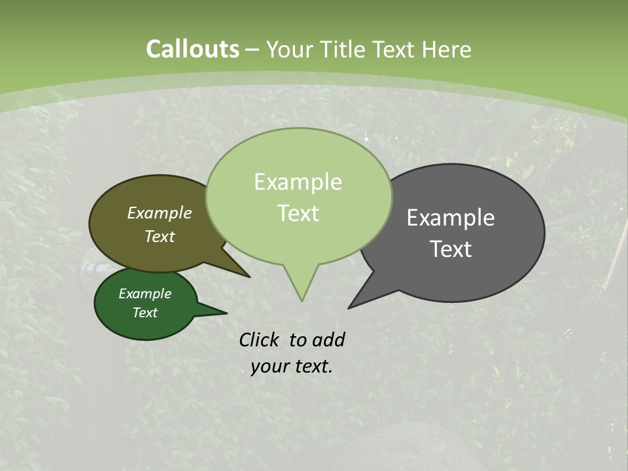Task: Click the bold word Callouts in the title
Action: (192, 49)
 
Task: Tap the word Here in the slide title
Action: (446, 50)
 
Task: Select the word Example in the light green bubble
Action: (298, 182)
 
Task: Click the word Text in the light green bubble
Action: (298, 213)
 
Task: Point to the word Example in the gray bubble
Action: (450, 218)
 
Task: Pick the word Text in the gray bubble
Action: (451, 249)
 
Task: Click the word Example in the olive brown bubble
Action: (159, 213)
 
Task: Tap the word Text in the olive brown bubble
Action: (159, 236)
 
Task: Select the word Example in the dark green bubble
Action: (145, 294)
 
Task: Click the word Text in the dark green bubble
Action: (145, 313)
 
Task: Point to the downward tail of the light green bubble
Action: (301, 285)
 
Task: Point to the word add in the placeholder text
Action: (328, 340)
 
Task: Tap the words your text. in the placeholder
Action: (291, 366)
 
